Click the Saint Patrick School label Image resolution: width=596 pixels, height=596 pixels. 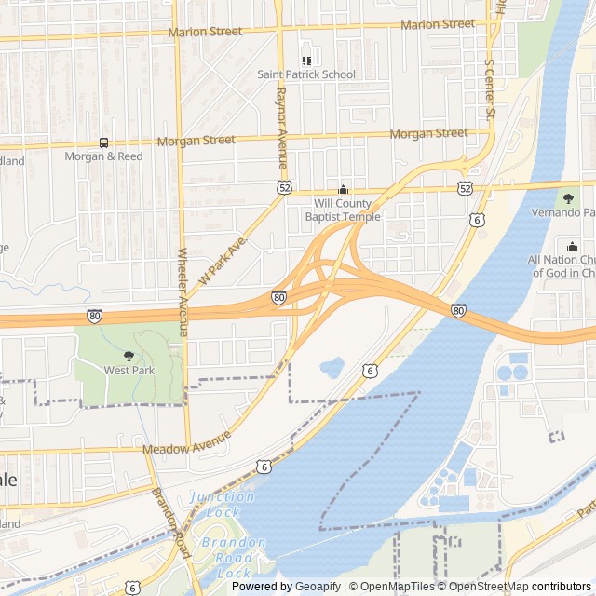click(306, 74)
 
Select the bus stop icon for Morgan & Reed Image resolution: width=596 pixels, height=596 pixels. click(103, 142)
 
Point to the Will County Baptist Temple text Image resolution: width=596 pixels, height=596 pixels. click(343, 210)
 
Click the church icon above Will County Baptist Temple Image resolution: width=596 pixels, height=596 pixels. click(343, 189)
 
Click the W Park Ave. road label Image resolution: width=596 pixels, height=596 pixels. click(221, 260)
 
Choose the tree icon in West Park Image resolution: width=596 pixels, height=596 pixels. click(129, 355)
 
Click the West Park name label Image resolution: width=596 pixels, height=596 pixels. click(129, 370)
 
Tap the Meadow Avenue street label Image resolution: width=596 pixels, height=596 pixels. click(186, 448)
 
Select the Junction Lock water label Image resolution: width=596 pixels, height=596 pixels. click(223, 504)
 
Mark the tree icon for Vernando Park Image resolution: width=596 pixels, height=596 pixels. click(568, 197)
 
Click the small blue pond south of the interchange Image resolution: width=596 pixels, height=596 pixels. click(332, 367)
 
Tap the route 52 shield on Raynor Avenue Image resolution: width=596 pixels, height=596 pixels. click(284, 187)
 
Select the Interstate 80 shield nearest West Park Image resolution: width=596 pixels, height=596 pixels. click(95, 316)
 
